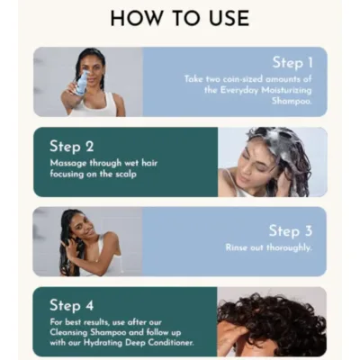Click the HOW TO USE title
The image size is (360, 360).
click(x=179, y=19)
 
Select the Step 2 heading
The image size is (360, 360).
click(x=72, y=146)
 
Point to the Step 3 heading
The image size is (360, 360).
click(x=290, y=230)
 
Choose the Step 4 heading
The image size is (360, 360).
click(x=73, y=304)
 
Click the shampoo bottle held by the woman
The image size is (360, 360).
click(x=82, y=85)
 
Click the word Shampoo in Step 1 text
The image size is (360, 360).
click(x=286, y=100)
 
